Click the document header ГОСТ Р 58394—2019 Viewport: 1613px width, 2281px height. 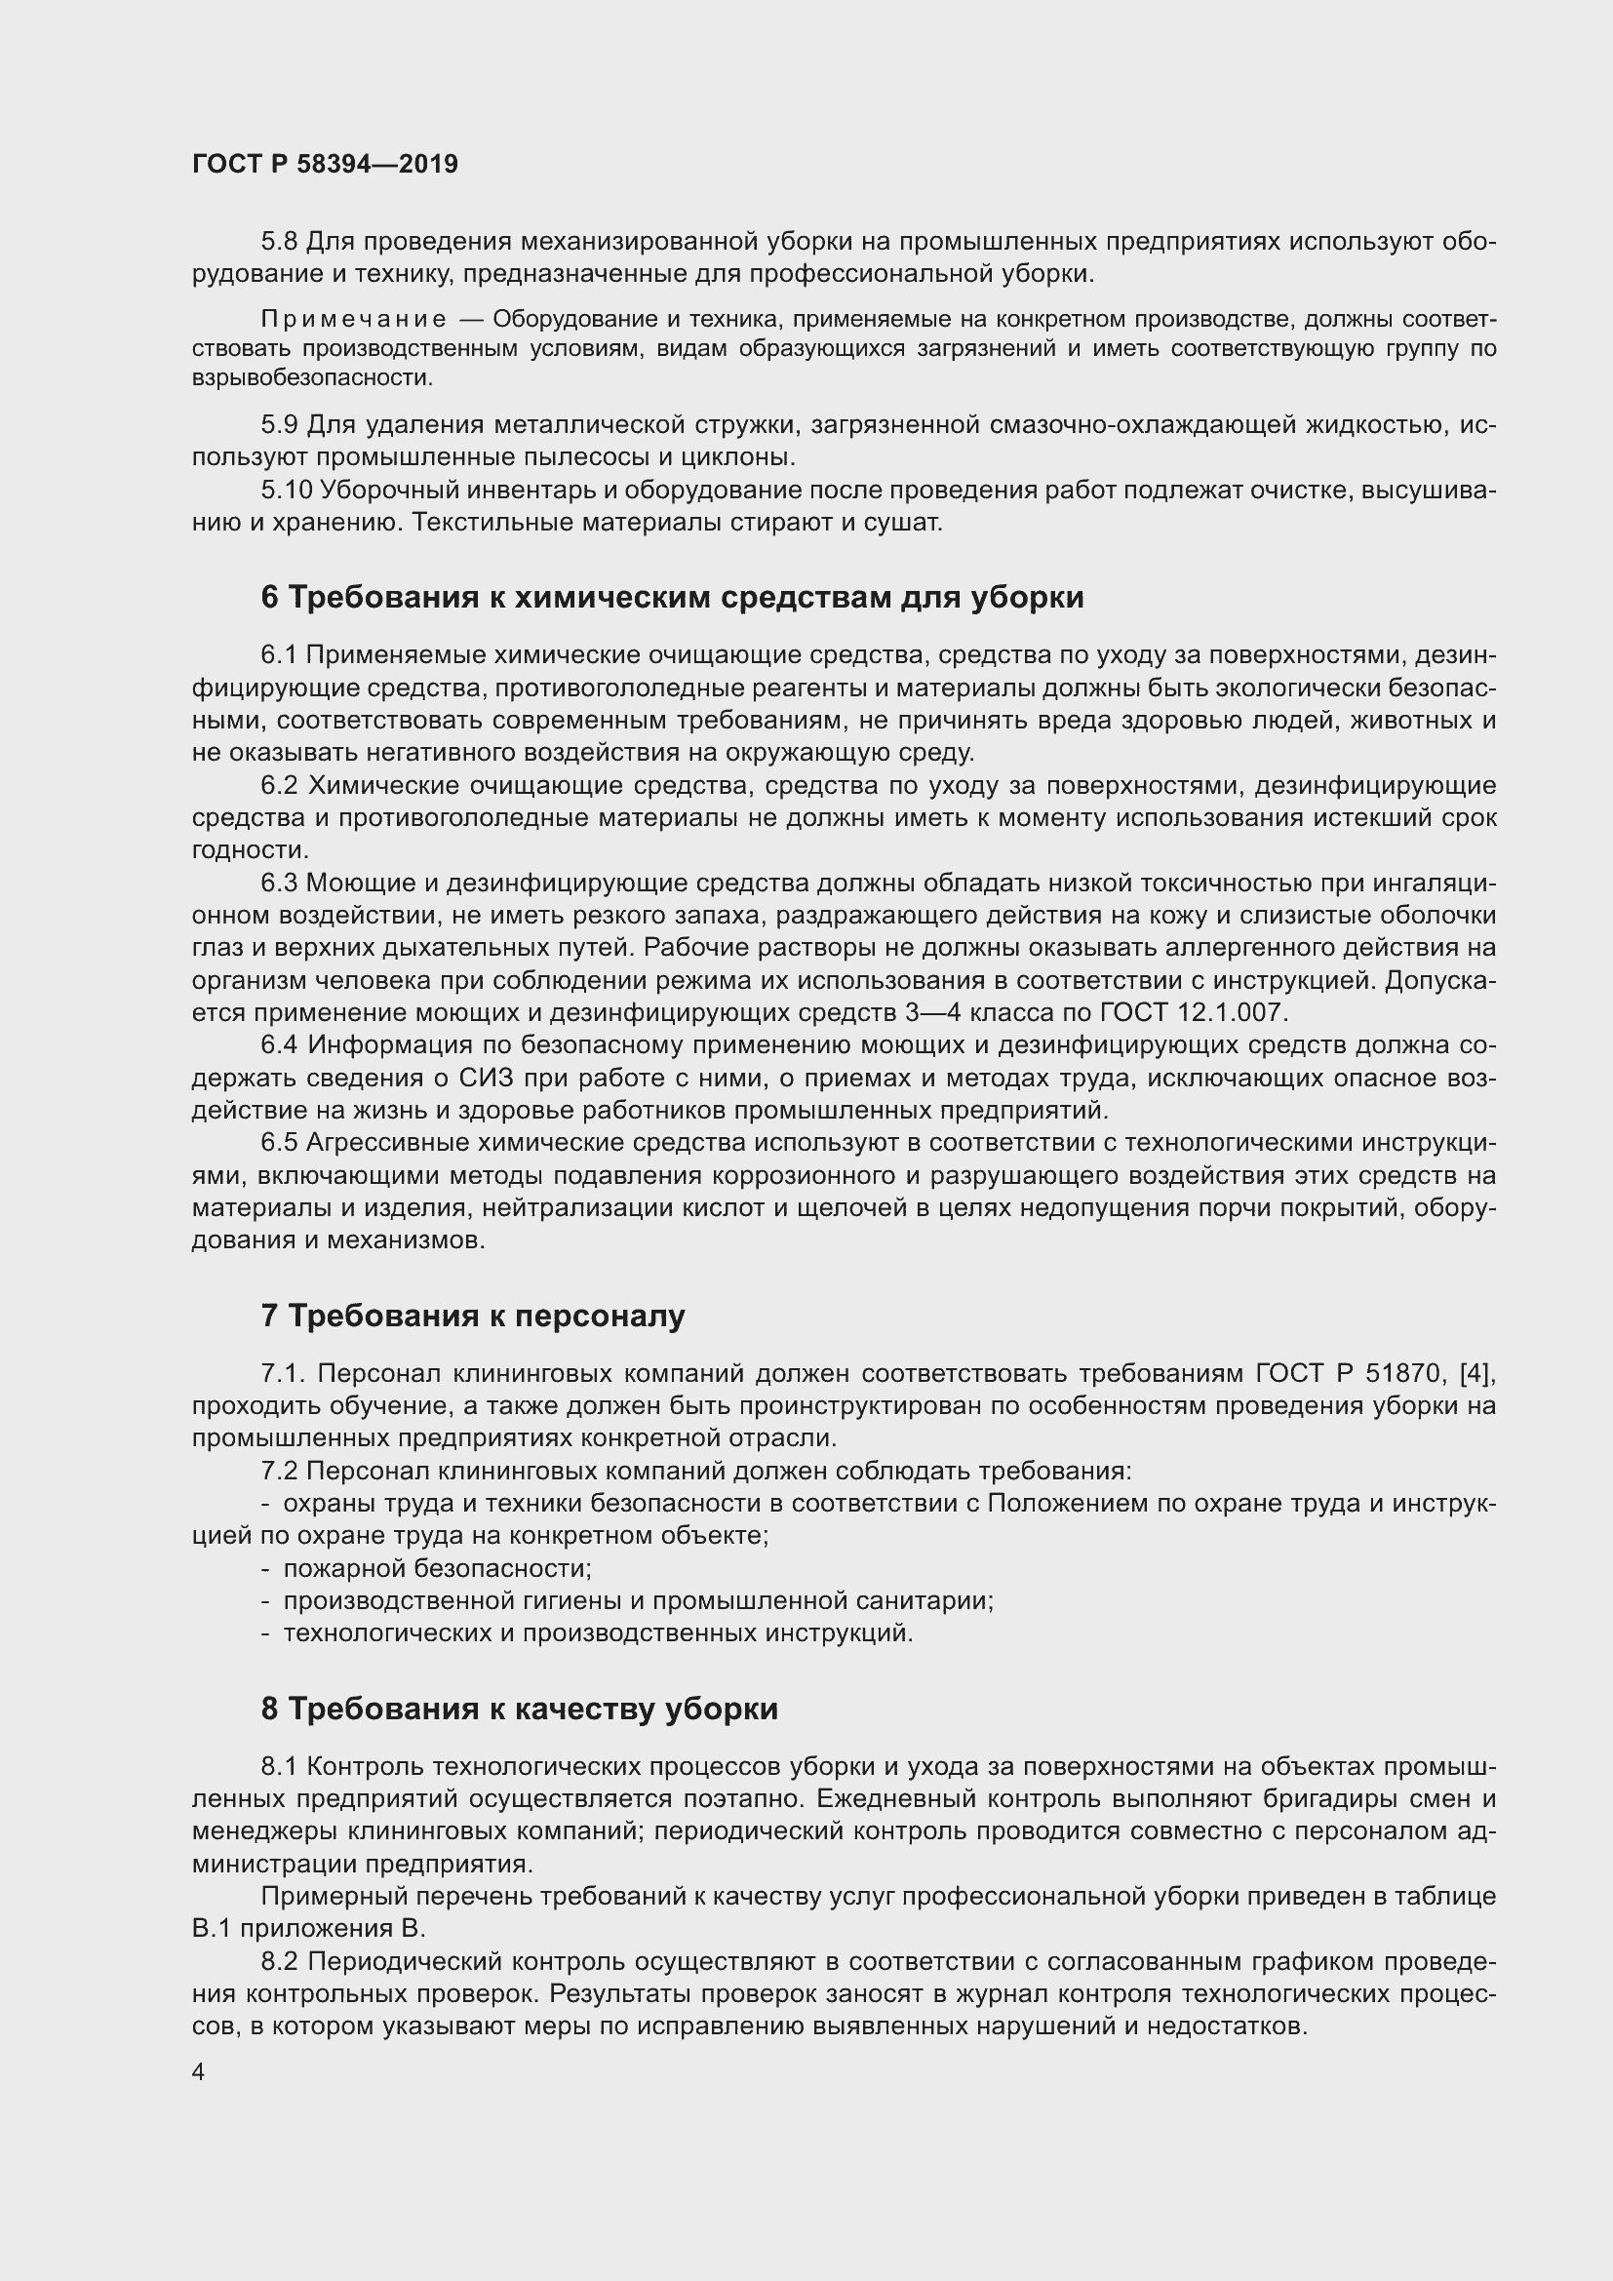tap(325, 164)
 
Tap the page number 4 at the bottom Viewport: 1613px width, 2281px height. tap(199, 2071)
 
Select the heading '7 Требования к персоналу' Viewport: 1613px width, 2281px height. tap(473, 1316)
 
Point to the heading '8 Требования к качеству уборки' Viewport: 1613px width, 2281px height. tap(520, 1709)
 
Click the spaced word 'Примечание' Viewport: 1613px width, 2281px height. tap(354, 319)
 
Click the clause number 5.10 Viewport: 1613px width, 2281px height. tap(287, 490)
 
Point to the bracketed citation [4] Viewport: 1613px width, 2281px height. tap(1476, 1374)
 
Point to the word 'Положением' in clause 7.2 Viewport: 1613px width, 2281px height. tap(1066, 1504)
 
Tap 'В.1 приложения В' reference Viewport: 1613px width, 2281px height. tap(309, 1928)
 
